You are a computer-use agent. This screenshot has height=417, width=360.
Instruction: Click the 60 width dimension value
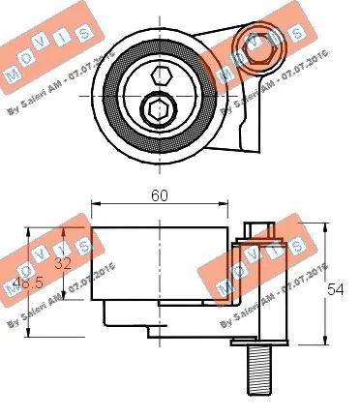pyautogui.click(x=160, y=195)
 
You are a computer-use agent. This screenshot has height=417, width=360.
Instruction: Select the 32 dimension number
pyautogui.click(x=63, y=262)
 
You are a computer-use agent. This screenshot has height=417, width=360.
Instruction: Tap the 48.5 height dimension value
pyautogui.click(x=29, y=283)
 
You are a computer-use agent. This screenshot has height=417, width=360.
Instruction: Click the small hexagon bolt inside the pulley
pyautogui.click(x=163, y=76)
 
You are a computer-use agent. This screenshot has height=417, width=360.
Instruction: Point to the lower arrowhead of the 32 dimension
pyautogui.click(x=64, y=298)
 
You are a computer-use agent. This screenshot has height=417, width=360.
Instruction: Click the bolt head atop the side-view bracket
pyautogui.click(x=256, y=229)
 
